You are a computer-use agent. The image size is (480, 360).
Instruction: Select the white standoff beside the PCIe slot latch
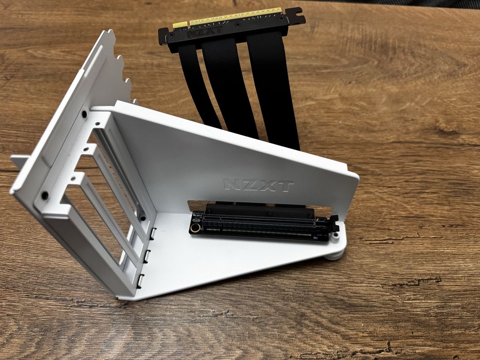(335, 236)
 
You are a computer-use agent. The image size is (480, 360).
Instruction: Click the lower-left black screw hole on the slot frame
(45, 195)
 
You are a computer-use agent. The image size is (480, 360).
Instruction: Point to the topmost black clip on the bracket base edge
(153, 232)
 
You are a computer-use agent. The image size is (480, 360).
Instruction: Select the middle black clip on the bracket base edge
(147, 255)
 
